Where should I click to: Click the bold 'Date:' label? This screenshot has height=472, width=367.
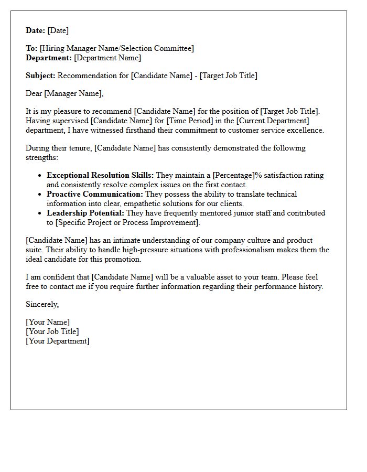point(36,30)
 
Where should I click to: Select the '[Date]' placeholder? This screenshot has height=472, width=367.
point(58,30)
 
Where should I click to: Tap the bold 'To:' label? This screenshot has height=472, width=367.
point(31,48)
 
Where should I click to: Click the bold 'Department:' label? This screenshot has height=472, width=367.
point(49,58)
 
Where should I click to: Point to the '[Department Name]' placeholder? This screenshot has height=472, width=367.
point(107,58)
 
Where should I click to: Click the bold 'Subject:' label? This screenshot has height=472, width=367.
point(40,76)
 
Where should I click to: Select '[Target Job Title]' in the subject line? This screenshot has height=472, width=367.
point(228,76)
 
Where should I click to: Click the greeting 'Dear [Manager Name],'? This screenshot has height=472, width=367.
point(65,93)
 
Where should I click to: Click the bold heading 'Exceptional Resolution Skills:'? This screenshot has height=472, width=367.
point(100,175)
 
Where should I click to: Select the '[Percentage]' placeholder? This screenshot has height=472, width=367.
point(233,175)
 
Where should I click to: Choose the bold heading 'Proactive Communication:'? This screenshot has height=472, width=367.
point(94,194)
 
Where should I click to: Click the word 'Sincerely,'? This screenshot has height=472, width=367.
point(42,304)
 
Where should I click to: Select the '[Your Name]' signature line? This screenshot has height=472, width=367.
point(48,322)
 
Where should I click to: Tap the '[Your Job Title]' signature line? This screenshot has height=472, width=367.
point(52,331)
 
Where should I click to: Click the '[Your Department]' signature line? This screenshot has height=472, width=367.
point(58,341)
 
